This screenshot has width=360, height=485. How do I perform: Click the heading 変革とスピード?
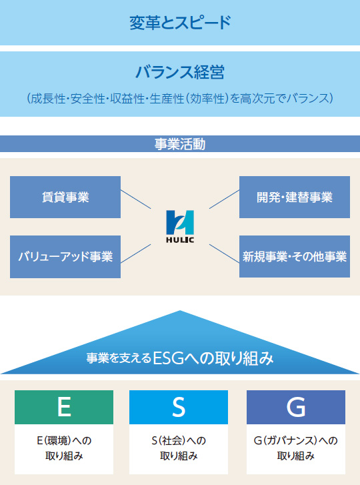[x=180, y=23]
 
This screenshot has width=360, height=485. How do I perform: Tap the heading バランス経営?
[x=180, y=72]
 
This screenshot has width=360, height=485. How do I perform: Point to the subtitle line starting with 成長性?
[x=180, y=98]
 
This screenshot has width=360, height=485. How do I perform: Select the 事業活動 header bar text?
[x=180, y=144]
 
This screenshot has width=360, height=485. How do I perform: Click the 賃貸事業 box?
[x=65, y=197]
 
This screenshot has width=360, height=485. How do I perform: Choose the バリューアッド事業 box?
[x=65, y=257]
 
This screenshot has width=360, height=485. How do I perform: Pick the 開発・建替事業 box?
[x=295, y=197]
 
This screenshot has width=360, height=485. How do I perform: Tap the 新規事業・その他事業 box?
[x=295, y=256]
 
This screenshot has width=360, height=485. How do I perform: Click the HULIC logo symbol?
[x=180, y=222]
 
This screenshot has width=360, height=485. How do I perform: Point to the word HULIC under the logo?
[x=180, y=240]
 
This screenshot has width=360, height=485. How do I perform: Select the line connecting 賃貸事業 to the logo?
[x=135, y=199]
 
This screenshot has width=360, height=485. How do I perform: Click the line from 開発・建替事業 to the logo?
[x=225, y=199]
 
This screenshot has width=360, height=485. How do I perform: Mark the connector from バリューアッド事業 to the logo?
[x=135, y=254]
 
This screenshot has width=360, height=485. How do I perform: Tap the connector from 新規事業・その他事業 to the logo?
[x=225, y=254]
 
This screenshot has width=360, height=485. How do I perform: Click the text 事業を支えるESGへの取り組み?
[x=180, y=358]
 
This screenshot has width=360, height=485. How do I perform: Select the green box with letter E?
[x=64, y=407]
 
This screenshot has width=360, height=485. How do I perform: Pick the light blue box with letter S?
[x=179, y=407]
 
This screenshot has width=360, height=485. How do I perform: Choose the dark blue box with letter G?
[x=296, y=407]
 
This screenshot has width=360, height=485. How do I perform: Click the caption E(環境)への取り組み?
[x=64, y=448]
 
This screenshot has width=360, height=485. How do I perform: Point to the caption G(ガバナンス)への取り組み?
[x=296, y=448]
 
